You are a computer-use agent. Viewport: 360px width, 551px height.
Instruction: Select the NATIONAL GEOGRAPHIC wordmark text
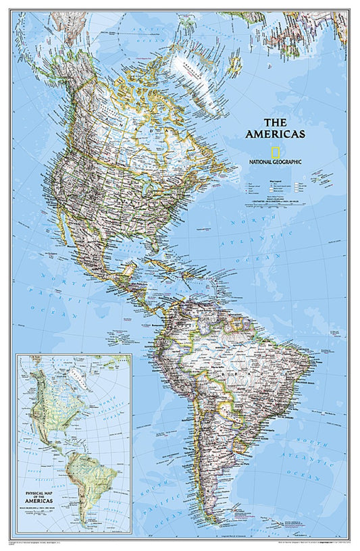[275, 162]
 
